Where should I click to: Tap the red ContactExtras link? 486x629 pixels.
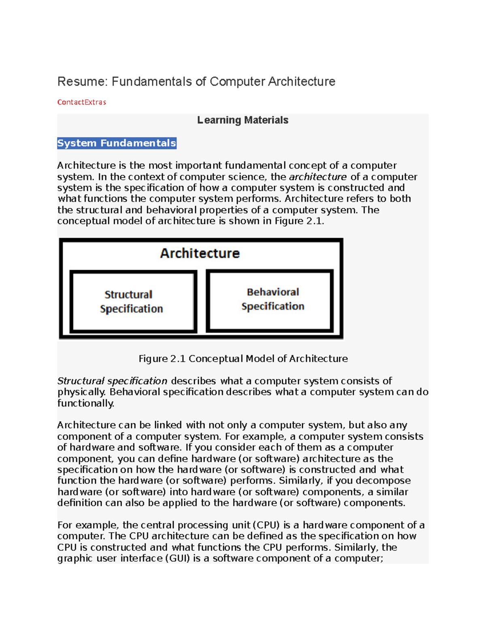coord(81,102)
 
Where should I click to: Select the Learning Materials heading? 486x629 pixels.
coord(243,120)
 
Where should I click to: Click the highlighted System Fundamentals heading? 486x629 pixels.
coord(117,143)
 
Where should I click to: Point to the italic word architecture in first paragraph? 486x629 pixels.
coord(318,177)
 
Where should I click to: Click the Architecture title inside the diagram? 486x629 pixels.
coord(200,253)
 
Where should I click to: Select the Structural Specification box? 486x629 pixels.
coord(133,302)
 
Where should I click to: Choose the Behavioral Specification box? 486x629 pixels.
coord(270,300)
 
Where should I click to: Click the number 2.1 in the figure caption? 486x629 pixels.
coord(178,359)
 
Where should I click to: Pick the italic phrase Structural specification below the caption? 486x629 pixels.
coord(112,381)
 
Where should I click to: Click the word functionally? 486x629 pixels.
coord(85,403)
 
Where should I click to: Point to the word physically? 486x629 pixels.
coord(81,392)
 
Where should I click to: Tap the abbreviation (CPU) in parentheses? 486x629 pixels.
coord(266,525)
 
